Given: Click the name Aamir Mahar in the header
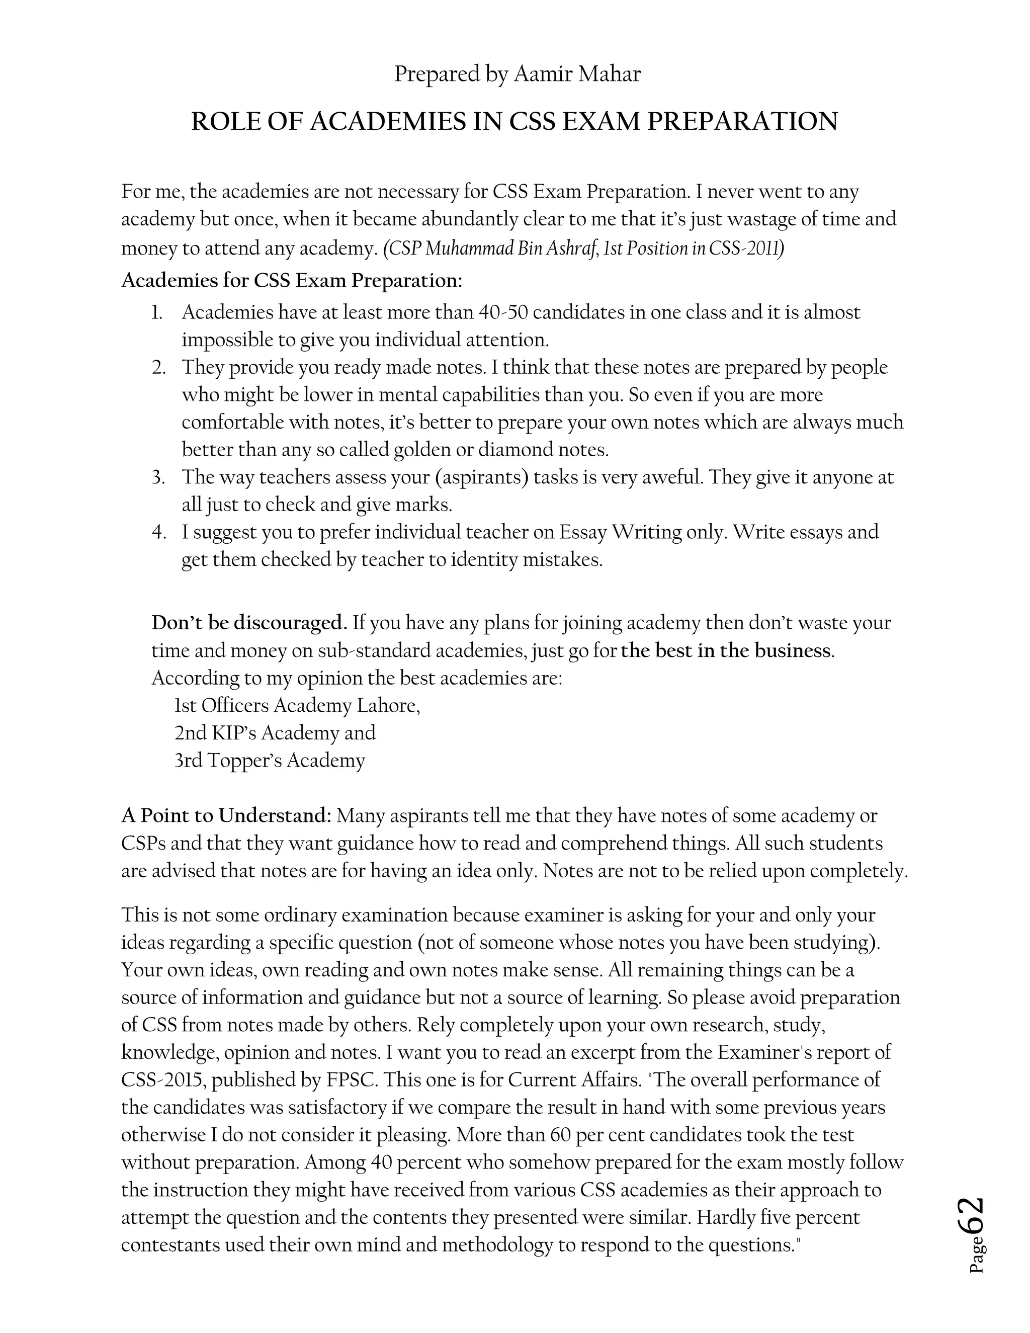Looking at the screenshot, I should (577, 74).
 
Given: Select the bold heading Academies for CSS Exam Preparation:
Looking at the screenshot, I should (292, 281).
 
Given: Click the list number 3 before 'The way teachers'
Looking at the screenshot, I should (158, 477).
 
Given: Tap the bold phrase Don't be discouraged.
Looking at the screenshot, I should (249, 623).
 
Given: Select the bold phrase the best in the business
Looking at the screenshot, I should (726, 650).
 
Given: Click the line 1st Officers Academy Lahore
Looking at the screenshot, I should (297, 706).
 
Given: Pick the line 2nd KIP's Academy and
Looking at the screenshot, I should (275, 733).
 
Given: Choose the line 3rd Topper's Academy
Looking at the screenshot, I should (270, 761).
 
